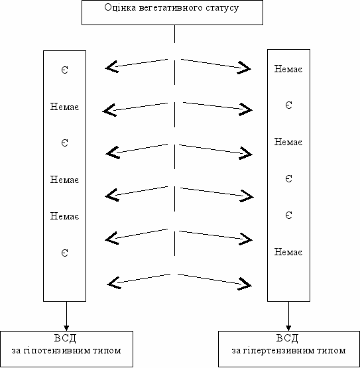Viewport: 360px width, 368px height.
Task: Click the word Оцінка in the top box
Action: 120,8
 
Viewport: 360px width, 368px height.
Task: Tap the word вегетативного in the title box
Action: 170,8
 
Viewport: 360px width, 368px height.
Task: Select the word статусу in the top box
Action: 222,9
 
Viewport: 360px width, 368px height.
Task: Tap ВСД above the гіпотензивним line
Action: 65,338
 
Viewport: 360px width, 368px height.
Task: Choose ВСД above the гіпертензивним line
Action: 287,338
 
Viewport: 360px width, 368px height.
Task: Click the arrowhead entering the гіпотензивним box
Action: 66,328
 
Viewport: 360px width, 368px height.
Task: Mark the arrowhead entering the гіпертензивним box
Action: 288,328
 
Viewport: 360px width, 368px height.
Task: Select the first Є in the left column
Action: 65,70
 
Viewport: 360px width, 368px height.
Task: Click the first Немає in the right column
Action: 288,69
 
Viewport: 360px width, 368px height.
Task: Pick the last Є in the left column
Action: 65,253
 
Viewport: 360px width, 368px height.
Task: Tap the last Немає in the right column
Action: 288,252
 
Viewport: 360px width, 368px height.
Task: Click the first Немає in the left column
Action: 64,107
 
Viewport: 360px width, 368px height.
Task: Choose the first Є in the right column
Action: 288,105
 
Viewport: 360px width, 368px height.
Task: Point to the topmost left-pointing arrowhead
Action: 111,67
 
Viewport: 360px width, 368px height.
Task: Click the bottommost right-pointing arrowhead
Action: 245,284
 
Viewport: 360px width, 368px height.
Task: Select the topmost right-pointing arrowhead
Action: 244,68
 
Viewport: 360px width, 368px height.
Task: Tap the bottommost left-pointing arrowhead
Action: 114,283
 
